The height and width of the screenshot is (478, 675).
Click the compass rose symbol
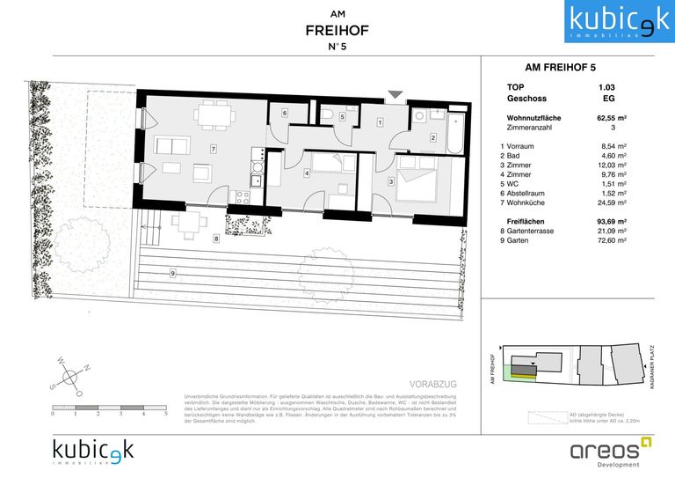click(x=69, y=376)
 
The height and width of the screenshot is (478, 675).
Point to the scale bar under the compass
click(x=110, y=408)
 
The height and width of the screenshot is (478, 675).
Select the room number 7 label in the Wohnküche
click(x=213, y=149)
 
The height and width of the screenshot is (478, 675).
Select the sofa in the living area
click(x=173, y=147)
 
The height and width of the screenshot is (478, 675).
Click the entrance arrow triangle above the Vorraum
click(x=395, y=94)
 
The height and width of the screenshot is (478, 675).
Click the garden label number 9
click(x=173, y=273)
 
